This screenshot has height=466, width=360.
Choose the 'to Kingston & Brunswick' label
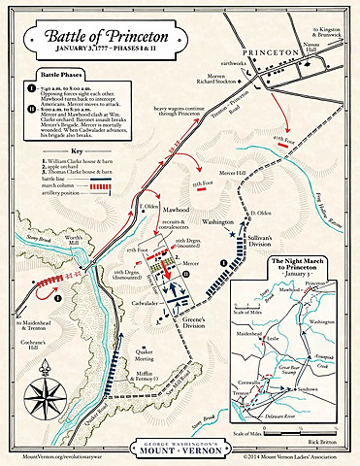coord(334,16)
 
